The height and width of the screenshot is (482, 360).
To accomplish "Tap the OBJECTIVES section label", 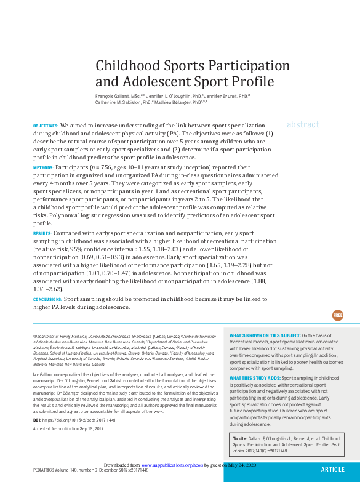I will coord(46,126).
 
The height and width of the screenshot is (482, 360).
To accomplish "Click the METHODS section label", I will coord(43,167).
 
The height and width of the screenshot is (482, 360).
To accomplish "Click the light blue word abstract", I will coord(303,124).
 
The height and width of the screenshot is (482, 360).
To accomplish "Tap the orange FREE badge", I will coord(338,315).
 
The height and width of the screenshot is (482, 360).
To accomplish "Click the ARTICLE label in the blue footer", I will coord(333,469).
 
